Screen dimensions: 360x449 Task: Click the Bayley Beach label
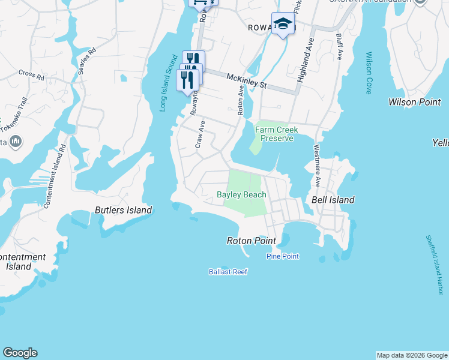pyautogui.click(x=241, y=194)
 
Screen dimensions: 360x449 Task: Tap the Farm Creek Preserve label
pyautogui.click(x=274, y=134)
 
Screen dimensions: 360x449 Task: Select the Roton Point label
pyautogui.click(x=251, y=241)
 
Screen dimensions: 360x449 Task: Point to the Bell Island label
pyautogui.click(x=333, y=200)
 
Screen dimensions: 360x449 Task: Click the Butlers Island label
pyautogui.click(x=123, y=210)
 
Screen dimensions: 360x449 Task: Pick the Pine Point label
pyautogui.click(x=282, y=257)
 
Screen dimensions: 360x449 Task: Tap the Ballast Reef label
pyautogui.click(x=228, y=272)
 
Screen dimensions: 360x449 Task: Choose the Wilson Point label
pyautogui.click(x=415, y=102)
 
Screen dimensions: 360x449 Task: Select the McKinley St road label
pyautogui.click(x=246, y=80)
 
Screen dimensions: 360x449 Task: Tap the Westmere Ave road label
pyautogui.click(x=316, y=166)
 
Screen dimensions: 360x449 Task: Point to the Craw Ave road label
pyautogui.click(x=200, y=134)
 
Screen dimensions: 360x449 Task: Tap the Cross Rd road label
pyautogui.click(x=31, y=75)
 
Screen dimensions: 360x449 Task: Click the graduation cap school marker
pyautogui.click(x=283, y=24)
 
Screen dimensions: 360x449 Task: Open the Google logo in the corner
pyautogui.click(x=20, y=353)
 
